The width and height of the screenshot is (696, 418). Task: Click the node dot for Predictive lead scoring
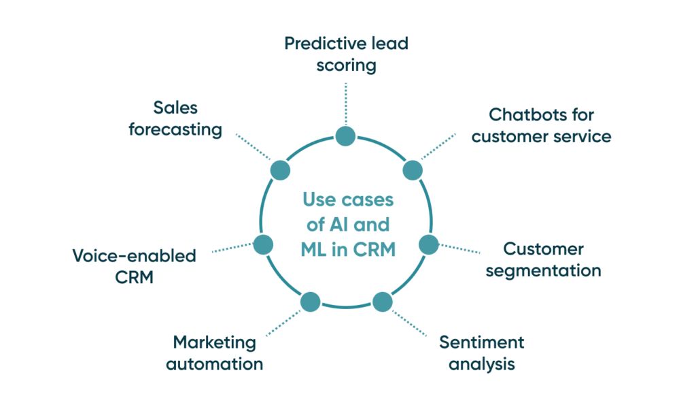coord(345,135)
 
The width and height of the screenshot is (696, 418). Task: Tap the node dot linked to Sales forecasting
coord(280,170)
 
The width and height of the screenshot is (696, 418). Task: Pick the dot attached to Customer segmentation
coord(428,244)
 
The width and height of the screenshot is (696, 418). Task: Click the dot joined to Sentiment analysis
coord(382,302)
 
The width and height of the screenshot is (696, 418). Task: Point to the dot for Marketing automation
coord(310,302)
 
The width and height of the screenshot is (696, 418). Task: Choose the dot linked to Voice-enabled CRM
coord(263,243)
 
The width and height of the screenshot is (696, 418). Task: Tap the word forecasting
coord(175,129)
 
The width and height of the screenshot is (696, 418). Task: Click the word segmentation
coord(543,270)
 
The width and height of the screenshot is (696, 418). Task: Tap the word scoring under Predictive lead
coord(346,65)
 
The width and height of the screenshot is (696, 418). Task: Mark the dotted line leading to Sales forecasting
coord(253,148)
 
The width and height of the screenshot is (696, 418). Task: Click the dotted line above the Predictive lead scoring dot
coord(346,103)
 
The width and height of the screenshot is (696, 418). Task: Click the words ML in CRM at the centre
coord(347,249)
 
